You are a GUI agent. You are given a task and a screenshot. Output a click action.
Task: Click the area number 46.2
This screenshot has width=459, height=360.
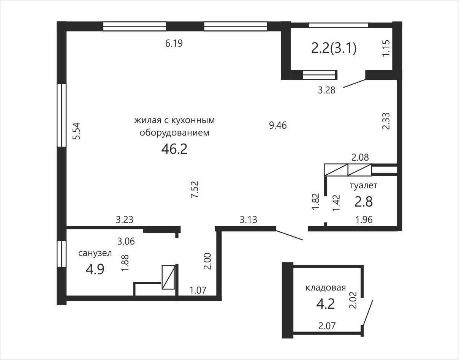click(174, 149)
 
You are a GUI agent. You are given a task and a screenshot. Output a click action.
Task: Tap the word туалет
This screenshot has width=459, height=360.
click(364, 185)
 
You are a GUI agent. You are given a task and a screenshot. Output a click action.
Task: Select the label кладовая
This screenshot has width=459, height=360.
click(326, 287)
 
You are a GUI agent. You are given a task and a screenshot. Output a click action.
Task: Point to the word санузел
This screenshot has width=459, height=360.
click(95, 253)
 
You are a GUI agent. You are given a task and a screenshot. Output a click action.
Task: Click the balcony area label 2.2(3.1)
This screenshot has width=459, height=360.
click(334, 48)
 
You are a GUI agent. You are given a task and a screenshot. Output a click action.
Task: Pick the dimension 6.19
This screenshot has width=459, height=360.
click(174, 43)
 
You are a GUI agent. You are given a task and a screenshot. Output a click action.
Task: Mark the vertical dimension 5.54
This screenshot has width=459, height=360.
click(76, 131)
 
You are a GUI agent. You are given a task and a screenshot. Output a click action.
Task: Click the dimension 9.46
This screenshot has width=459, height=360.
click(278, 126)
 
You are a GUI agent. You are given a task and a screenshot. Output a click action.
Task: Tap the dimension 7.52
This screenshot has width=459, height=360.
click(195, 189)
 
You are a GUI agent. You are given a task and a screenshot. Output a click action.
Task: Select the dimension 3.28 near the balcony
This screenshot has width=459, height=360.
click(326, 90)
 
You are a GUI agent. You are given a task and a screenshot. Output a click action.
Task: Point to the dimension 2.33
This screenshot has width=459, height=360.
click(386, 121)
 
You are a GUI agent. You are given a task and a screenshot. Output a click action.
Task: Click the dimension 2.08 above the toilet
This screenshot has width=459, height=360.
click(360, 157)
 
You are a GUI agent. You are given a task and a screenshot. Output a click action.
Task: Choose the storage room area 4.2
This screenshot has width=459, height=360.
click(326, 304)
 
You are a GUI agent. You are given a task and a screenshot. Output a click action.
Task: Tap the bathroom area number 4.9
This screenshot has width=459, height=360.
click(95, 270)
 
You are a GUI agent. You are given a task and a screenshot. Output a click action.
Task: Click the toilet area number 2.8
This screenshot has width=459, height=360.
click(364, 202)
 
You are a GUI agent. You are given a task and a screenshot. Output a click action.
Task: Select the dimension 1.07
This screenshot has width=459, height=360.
click(198, 291)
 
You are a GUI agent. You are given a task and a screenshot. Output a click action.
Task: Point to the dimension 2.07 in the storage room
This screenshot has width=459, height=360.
click(327, 326)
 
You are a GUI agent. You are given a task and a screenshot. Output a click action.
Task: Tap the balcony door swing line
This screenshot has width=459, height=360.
click(355, 83)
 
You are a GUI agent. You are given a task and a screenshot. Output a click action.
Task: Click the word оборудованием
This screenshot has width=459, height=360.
click(174, 133)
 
